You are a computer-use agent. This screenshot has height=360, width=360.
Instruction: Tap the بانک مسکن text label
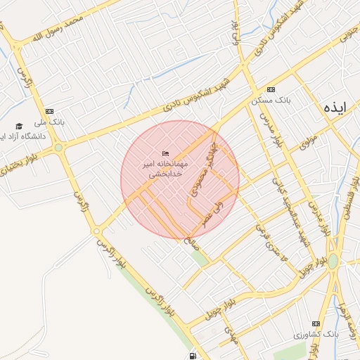click(271, 101)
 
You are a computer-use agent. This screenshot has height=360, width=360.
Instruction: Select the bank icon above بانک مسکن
click(271, 90)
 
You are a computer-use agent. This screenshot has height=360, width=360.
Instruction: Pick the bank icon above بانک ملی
click(49, 111)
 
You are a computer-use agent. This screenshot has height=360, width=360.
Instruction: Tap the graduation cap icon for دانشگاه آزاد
click(19, 126)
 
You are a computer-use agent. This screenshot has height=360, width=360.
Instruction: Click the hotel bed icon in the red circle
click(165, 153)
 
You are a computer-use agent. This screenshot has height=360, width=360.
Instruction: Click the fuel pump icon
click(193, 355)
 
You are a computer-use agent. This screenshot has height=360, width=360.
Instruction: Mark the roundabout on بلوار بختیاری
click(58, 148)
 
